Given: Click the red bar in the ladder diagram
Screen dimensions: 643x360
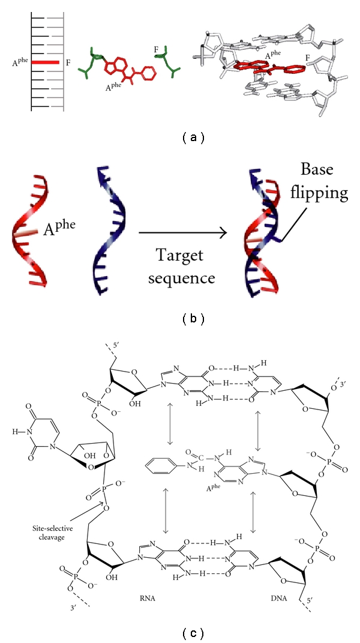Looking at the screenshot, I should coord(45,62).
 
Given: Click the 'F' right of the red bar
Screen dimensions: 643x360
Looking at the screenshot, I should coord(68,62).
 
